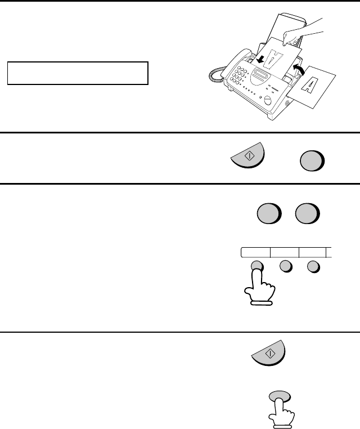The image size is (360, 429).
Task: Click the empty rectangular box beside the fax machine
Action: pos(78,73)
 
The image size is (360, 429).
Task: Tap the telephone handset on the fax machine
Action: pos(236,62)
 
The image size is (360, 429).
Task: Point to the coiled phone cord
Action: pos(217,75)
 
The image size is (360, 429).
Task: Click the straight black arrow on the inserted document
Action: pos(260,59)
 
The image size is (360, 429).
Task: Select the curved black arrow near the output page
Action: pos(299,69)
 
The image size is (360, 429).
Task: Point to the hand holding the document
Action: pos(302,33)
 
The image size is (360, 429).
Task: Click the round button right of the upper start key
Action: pos(312,161)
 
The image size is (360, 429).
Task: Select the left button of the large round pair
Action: pos(269,213)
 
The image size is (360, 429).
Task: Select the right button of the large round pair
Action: pos(308,213)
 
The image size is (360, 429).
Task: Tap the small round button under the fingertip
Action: pos(257,265)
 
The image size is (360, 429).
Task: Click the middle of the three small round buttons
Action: pos(286,266)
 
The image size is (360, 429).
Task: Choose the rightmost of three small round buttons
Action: pos(313,267)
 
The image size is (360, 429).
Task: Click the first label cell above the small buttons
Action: pos(255,253)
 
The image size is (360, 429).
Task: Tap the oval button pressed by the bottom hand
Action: pos(280,397)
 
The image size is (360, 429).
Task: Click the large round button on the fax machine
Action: pos(268,100)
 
